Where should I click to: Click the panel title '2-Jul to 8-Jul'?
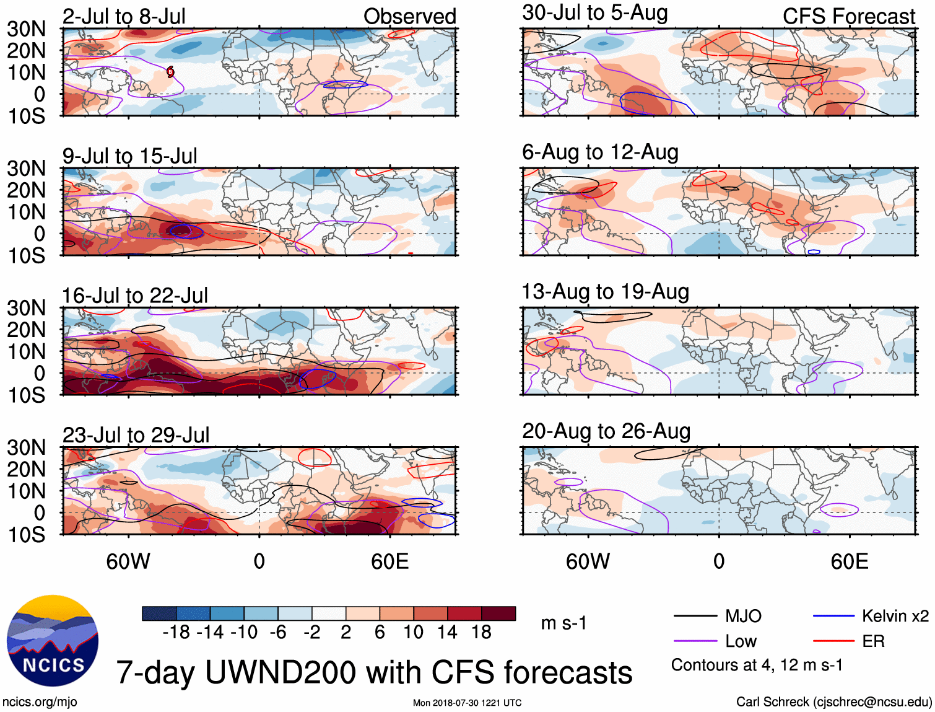click(x=124, y=16)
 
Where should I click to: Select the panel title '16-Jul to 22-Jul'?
click(x=135, y=296)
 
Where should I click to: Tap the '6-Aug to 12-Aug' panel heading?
click(x=600, y=152)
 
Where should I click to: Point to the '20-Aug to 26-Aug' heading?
click(x=606, y=431)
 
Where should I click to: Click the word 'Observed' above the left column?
click(x=409, y=16)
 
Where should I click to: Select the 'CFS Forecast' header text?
click(x=848, y=16)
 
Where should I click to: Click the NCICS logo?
click(x=52, y=641)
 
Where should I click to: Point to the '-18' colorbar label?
click(x=176, y=632)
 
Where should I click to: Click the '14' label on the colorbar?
click(x=447, y=632)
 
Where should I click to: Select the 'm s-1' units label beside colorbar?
click(x=563, y=623)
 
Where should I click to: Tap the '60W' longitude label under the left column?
click(x=128, y=561)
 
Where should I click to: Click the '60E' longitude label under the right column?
click(x=849, y=561)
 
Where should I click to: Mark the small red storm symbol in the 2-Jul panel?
click(x=170, y=72)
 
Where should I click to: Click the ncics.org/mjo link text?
click(x=40, y=702)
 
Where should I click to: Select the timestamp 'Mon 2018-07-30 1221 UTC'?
click(x=467, y=703)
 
